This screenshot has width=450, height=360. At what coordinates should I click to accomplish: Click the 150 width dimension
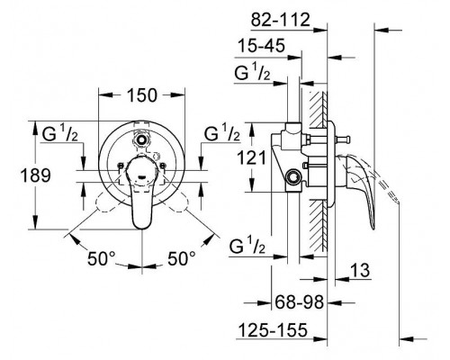tap(142, 95)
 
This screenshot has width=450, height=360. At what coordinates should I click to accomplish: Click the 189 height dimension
tap(35, 175)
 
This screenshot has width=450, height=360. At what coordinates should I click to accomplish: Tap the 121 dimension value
tap(252, 157)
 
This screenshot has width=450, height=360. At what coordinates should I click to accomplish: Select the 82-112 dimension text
tap(280, 20)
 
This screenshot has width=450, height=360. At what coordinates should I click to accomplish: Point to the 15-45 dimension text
tap(261, 46)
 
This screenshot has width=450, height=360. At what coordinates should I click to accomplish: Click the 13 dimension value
tap(360, 270)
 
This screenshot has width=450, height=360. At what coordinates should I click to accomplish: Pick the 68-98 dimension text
tap(300, 302)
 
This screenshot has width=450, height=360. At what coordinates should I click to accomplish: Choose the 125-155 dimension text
tap(273, 330)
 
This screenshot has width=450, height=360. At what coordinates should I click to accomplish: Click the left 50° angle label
tap(101, 258)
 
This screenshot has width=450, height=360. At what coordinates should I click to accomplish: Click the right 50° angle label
tap(181, 258)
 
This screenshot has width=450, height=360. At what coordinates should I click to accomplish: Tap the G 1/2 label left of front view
tap(60, 134)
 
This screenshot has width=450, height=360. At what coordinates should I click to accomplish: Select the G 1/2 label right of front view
tap(222, 133)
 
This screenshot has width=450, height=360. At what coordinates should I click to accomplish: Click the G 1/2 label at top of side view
tap(252, 73)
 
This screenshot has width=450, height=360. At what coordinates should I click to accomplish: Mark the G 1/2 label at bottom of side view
tap(247, 247)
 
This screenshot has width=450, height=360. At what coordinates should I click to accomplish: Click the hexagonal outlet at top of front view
tap(141, 139)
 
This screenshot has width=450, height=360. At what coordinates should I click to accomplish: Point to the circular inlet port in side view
tap(292, 176)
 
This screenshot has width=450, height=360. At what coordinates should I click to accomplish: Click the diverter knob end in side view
tap(347, 139)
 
